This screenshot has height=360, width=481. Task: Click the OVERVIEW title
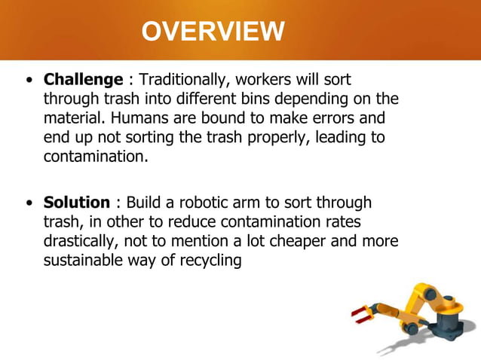(213, 32)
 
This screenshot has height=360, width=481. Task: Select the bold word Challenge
(83, 80)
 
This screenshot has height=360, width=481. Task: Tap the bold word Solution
(77, 203)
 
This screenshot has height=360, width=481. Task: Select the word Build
(143, 203)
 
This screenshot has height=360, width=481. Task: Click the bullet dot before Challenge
(29, 81)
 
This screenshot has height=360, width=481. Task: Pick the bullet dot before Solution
(29, 204)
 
